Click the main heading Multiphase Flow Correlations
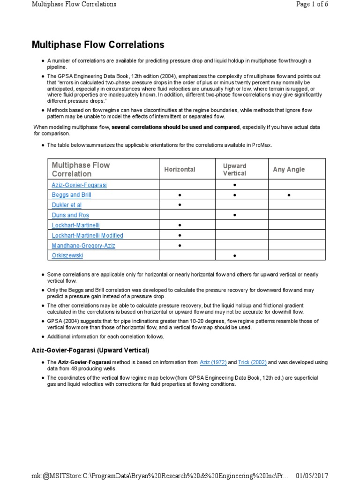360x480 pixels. click(x=98, y=45)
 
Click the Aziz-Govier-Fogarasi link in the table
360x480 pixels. click(x=79, y=185)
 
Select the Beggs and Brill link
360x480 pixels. click(x=71, y=195)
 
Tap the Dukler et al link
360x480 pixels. click(x=67, y=205)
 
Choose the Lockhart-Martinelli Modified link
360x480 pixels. click(x=87, y=235)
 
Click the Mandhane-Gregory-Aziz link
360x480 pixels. click(x=83, y=245)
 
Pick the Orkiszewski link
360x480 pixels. click(x=68, y=255)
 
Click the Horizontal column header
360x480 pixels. click(x=180, y=170)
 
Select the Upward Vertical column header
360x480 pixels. click(x=235, y=170)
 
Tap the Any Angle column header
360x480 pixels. click(x=289, y=170)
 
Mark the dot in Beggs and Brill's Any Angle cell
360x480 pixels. click(x=289, y=195)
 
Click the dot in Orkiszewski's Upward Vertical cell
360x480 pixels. click(x=234, y=255)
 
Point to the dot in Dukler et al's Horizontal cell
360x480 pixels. click(x=180, y=205)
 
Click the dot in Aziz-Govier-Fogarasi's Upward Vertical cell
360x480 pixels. click(x=234, y=185)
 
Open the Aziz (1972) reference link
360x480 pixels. click(x=213, y=362)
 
